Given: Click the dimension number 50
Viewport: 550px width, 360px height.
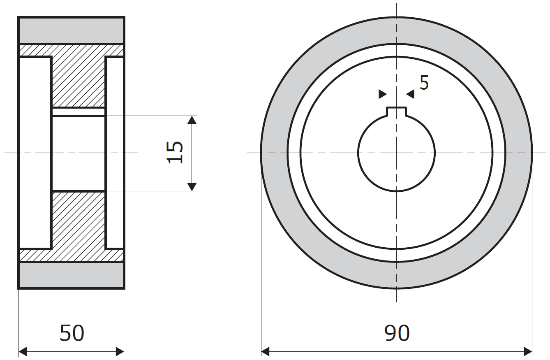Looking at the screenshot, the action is pyautogui.click(x=72, y=333).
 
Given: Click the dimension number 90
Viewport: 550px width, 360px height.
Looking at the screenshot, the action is pyautogui.click(x=397, y=333).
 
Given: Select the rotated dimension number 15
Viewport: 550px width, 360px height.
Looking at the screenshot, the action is pyautogui.click(x=175, y=153).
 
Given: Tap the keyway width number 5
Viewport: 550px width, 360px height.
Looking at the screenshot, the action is pyautogui.click(x=424, y=83).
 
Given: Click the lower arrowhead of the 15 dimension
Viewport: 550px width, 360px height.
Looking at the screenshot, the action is pyautogui.click(x=192, y=187).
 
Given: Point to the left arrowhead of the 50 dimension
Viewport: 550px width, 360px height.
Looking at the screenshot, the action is pyautogui.click(x=23, y=352).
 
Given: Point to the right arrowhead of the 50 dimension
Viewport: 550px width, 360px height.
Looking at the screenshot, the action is pyautogui.click(x=120, y=352).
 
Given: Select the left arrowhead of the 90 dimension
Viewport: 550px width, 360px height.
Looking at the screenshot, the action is pyautogui.click(x=266, y=352).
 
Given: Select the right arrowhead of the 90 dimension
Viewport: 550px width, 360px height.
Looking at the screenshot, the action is pyautogui.click(x=528, y=352).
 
